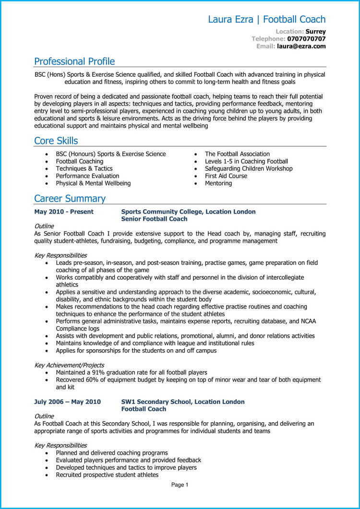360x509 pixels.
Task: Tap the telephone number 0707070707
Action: [306, 39]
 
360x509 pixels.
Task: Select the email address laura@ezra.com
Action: [301, 46]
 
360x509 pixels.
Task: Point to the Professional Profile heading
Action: [74, 61]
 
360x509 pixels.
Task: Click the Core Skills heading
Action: [56, 141]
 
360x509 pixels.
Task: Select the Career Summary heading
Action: [70, 199]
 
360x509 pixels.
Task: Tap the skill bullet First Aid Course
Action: [226, 176]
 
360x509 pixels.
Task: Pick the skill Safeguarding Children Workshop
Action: [248, 169]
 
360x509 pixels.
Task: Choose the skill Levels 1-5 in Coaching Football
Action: [246, 162]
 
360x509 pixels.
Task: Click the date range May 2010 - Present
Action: [64, 212]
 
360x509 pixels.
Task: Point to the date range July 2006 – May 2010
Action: [67, 402]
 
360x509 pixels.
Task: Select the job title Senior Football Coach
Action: [154, 219]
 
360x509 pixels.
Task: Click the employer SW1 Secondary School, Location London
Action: [182, 402]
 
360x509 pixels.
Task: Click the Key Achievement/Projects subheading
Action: [69, 365]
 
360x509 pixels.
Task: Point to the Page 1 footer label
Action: [180, 485]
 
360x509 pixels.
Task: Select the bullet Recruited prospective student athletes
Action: [107, 475]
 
